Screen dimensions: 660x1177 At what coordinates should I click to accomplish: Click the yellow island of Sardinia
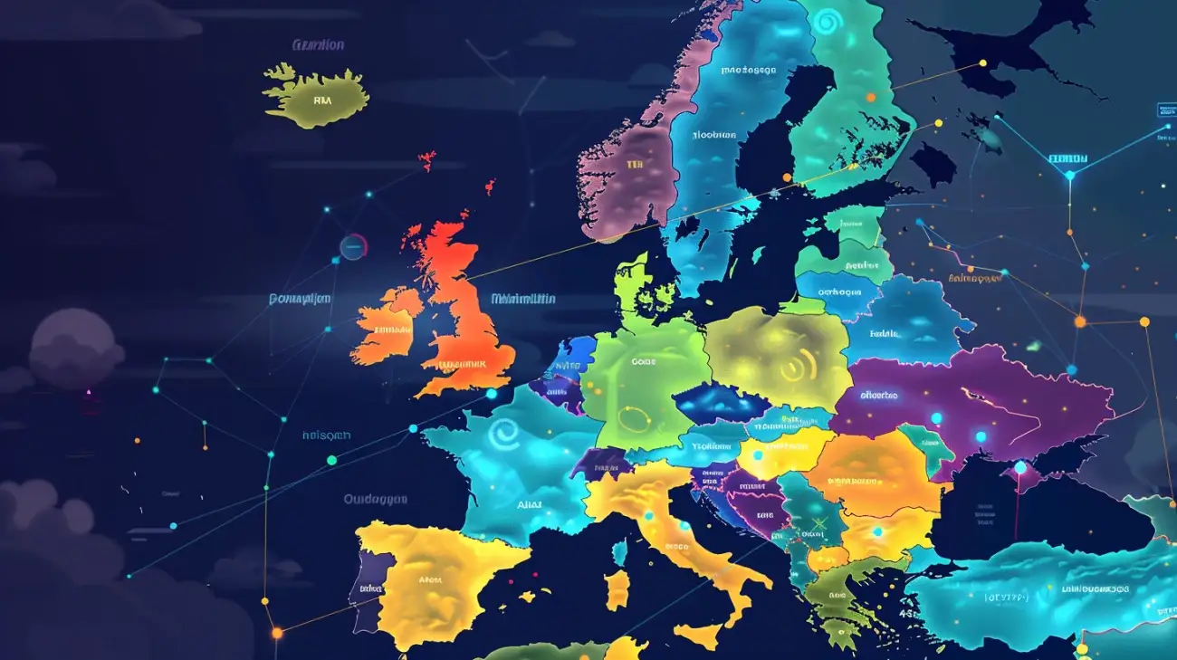point(617,589)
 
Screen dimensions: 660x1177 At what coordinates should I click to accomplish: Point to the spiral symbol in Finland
point(826,22)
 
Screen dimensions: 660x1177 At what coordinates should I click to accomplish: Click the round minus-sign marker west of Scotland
point(353,246)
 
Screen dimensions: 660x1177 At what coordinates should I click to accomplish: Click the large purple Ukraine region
point(978,398)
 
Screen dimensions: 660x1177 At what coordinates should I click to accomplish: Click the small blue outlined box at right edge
point(1166,110)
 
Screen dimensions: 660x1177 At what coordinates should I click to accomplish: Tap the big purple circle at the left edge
point(76,349)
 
